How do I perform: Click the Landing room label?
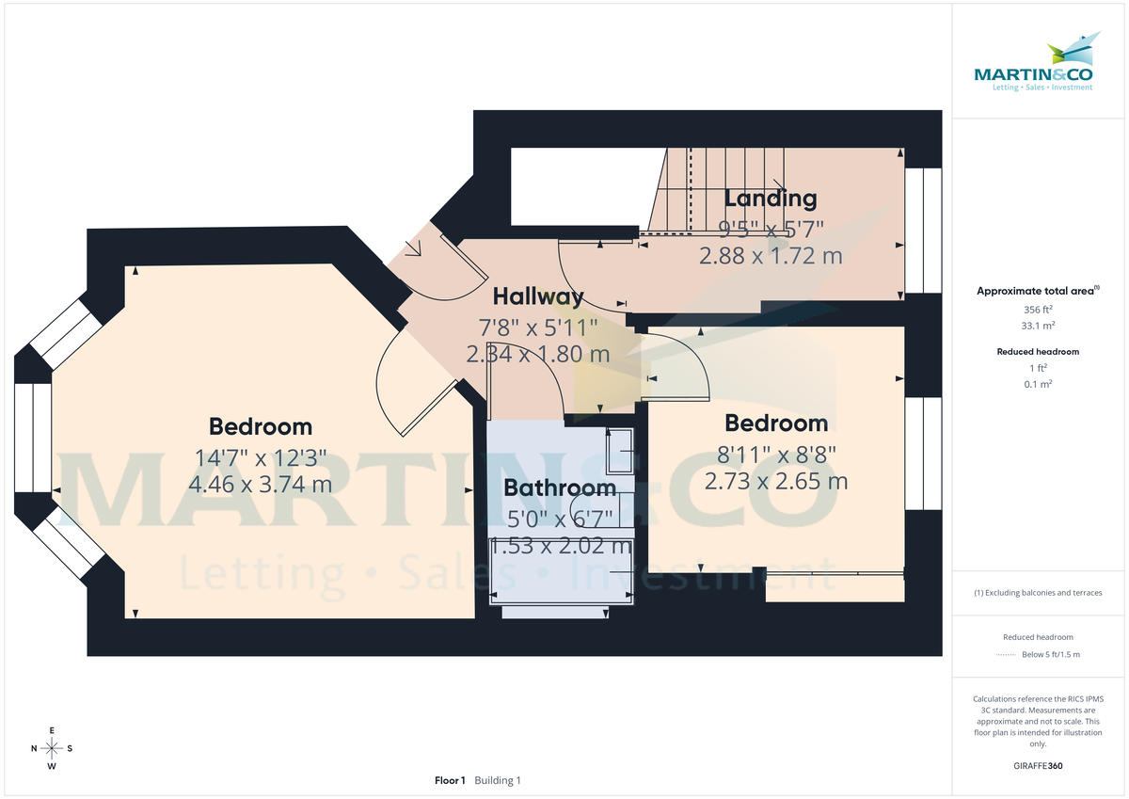[x=770, y=199]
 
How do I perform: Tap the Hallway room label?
[x=538, y=296]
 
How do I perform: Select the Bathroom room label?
[x=560, y=487]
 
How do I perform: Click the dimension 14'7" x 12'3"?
[x=261, y=457]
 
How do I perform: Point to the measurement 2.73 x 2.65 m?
[x=776, y=482]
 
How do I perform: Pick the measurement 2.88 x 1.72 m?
[x=770, y=255]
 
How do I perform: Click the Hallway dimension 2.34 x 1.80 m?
[x=538, y=355]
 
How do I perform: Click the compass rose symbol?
[x=52, y=748]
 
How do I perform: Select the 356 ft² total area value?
[x=1038, y=309]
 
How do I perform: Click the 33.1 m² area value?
[x=1038, y=326]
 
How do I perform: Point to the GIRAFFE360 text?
[x=1038, y=766]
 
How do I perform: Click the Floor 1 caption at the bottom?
[x=450, y=780]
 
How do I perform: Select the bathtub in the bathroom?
[x=561, y=570]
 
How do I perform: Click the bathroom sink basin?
[x=619, y=453]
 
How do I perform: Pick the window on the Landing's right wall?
[x=923, y=231]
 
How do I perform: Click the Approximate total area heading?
[x=1038, y=292]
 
